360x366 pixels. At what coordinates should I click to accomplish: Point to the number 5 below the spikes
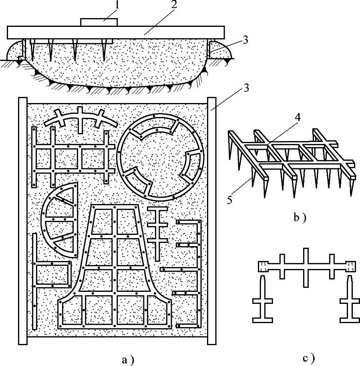click(229, 199)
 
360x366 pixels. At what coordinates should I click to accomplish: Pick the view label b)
click(299, 218)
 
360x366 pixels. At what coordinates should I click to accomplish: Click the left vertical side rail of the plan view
click(23, 220)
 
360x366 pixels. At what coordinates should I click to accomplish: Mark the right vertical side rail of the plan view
click(211, 220)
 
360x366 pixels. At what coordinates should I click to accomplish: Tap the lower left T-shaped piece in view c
click(263, 305)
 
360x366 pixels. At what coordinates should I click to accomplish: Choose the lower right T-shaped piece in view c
click(350, 305)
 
